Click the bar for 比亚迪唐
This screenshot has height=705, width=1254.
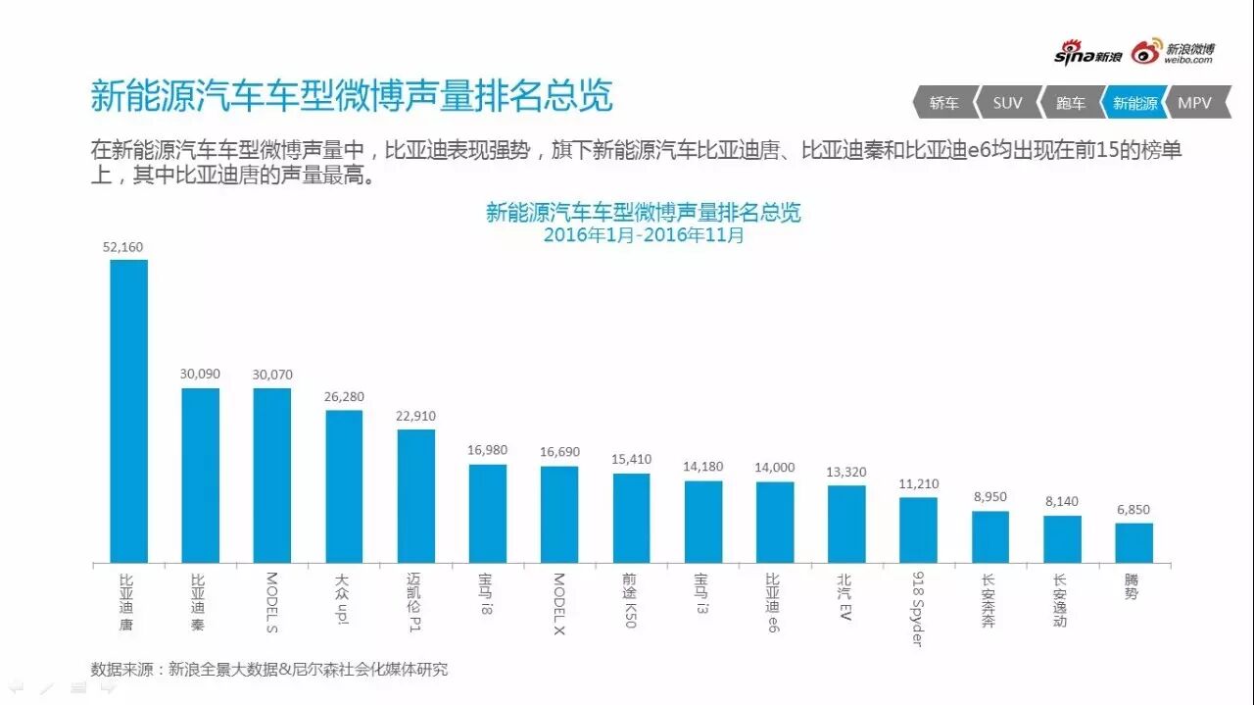(128, 411)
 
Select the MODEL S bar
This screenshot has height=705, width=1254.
(272, 476)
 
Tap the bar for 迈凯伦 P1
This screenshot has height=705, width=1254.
(415, 496)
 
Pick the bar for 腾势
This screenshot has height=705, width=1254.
(1133, 543)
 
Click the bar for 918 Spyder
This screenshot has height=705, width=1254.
(918, 529)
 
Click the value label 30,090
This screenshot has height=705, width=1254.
(200, 375)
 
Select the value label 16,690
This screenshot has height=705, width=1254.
(559, 452)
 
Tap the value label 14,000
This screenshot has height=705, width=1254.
(775, 468)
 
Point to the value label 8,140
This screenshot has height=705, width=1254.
(1062, 501)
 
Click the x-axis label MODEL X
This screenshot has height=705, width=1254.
(558, 603)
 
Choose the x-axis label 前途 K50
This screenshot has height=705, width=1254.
(630, 600)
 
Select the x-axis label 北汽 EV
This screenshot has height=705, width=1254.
(845, 594)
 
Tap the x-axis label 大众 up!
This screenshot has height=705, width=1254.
(344, 598)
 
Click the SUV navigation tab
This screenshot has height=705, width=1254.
(1007, 103)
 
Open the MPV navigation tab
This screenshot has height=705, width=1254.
(1195, 103)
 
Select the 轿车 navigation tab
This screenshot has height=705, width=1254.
(944, 103)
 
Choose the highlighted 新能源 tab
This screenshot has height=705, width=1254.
(1134, 103)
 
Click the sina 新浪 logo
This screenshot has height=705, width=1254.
(1087, 55)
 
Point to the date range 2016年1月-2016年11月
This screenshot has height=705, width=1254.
(644, 235)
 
